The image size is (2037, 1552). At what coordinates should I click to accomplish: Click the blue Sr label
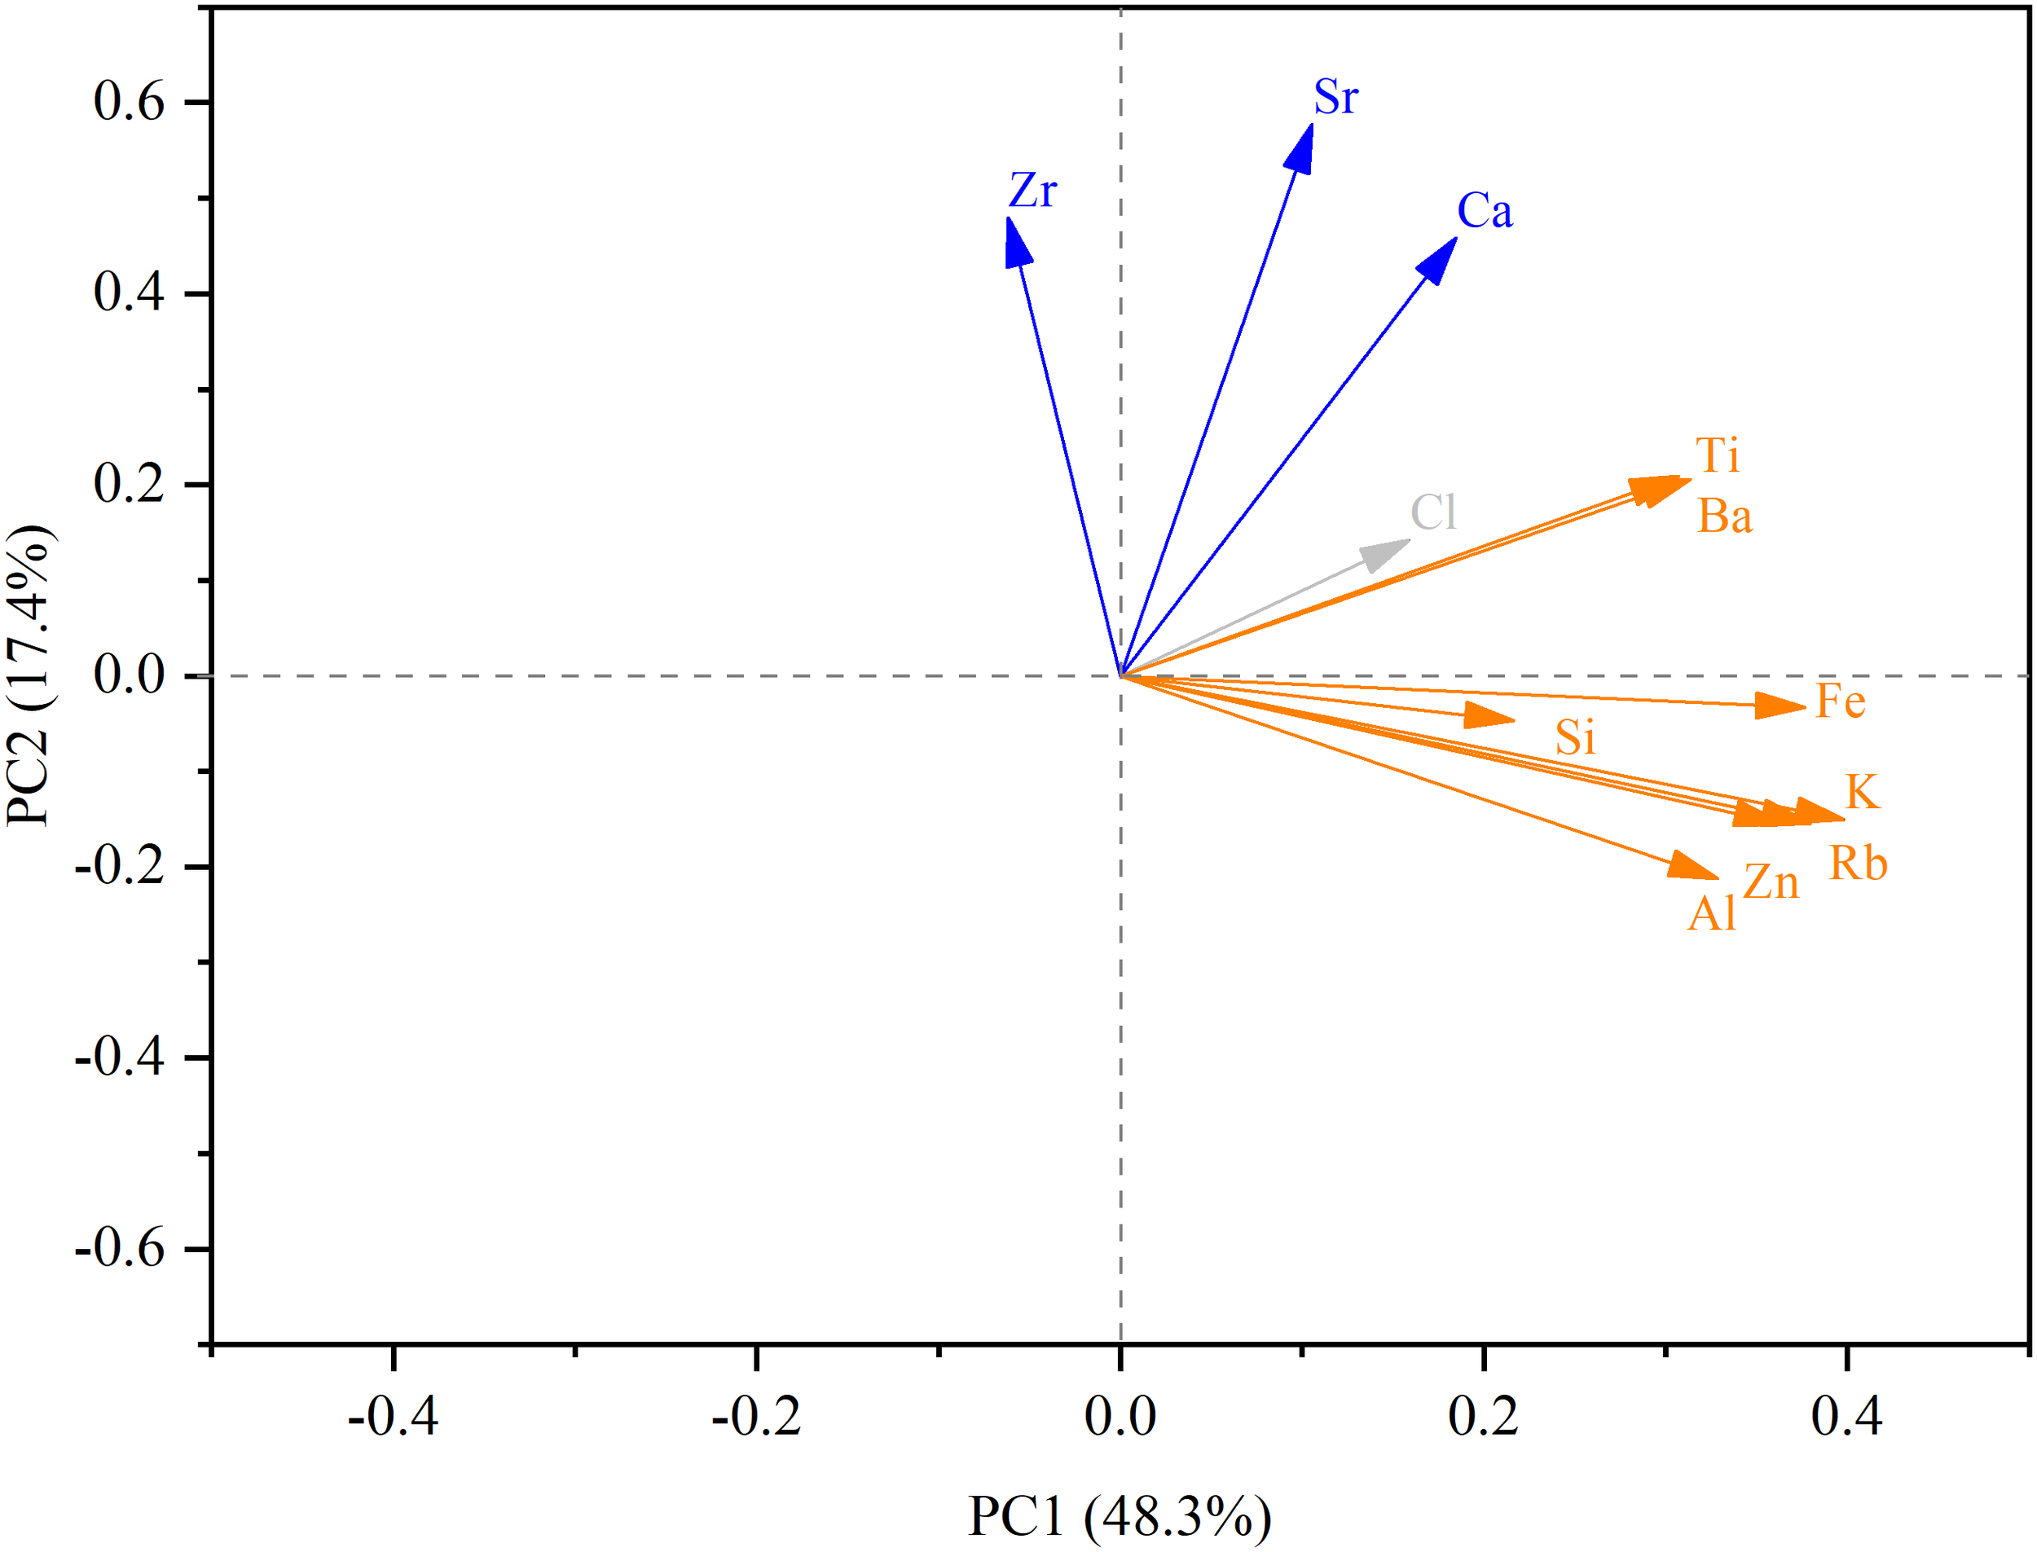1335,97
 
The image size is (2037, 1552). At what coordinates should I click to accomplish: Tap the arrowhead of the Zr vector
1016,242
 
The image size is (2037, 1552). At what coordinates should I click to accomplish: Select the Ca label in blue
1485,211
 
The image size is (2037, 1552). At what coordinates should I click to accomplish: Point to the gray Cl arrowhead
1386,554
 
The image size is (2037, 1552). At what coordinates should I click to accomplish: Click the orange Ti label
1718,456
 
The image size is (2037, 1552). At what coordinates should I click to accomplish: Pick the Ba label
1725,517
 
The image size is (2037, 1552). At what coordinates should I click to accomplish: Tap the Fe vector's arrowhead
1781,706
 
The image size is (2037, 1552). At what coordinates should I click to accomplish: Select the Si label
1575,738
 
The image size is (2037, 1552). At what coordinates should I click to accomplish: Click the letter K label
1862,793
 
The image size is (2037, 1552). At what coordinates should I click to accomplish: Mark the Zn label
1771,883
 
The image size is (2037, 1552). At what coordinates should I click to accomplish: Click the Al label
1712,916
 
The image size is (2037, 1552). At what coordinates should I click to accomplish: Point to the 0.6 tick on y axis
129,101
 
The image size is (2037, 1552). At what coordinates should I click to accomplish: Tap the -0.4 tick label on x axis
393,1416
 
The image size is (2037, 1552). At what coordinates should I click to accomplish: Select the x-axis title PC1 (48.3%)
1119,1516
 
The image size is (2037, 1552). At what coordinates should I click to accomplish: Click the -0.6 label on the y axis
119,1249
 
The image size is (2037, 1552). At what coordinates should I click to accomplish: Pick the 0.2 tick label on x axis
1483,1416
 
